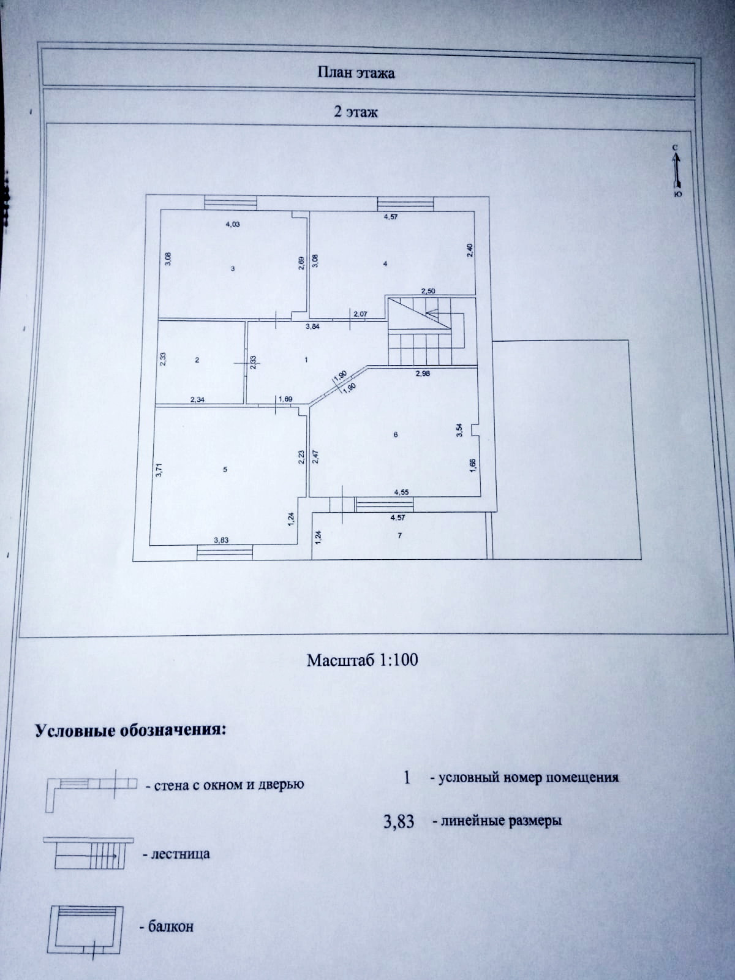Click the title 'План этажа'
click(356, 73)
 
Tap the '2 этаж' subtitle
click(356, 112)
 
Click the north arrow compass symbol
click(675, 170)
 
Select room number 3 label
click(233, 268)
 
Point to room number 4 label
click(385, 264)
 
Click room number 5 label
click(225, 469)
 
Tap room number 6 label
click(396, 434)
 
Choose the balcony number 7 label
click(399, 536)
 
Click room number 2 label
click(197, 360)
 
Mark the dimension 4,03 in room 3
click(233, 224)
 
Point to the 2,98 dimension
click(423, 374)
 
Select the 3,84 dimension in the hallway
click(313, 327)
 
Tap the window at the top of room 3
click(230, 202)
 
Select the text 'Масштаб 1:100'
click(362, 660)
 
